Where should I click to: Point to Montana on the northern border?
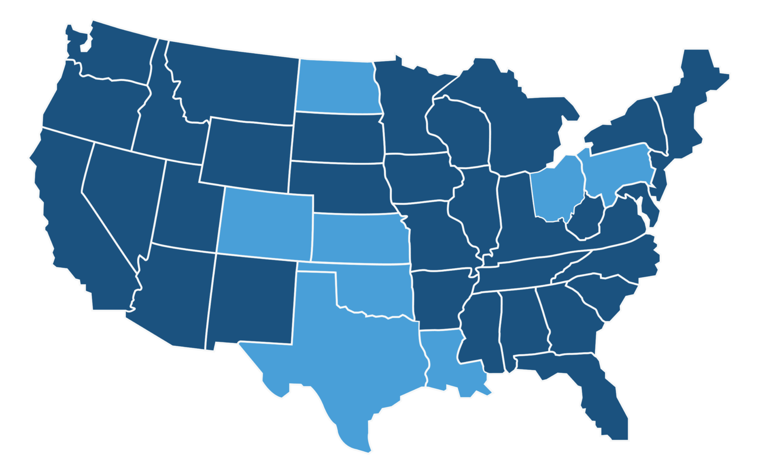point(232,84)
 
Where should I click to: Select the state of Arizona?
point(173,296)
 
